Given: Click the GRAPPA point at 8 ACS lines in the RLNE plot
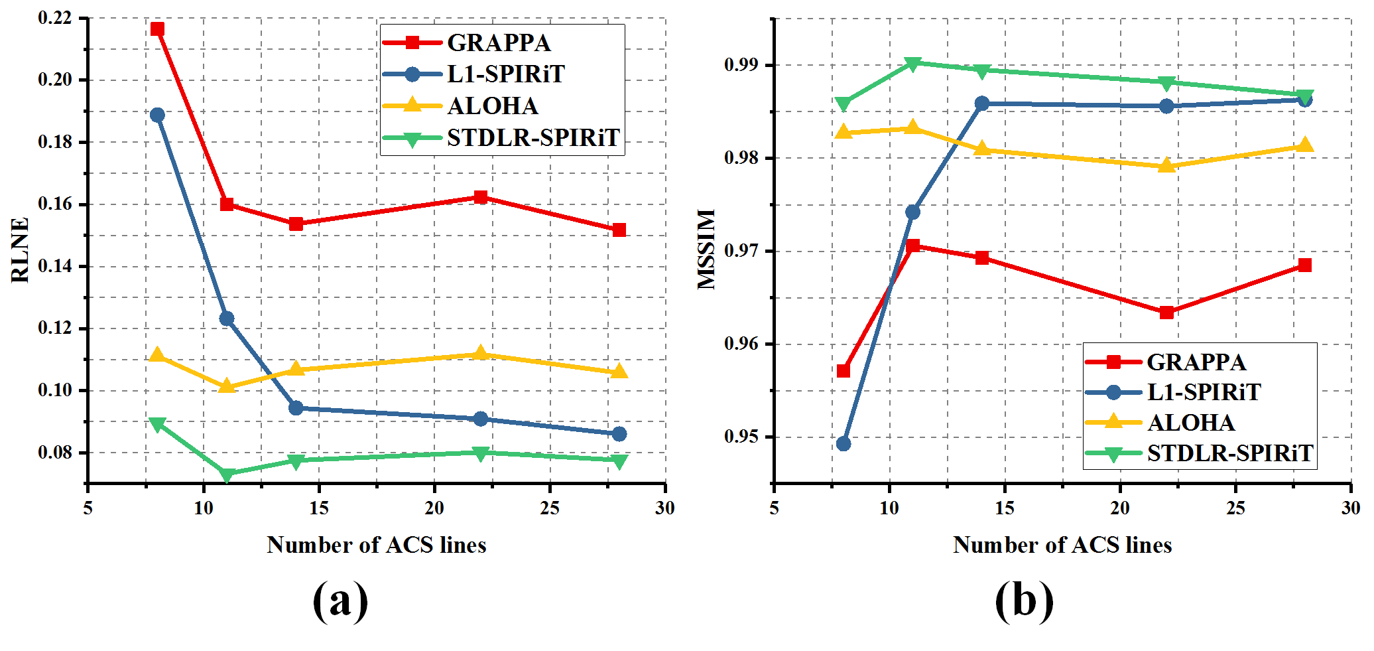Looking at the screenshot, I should [x=157, y=29].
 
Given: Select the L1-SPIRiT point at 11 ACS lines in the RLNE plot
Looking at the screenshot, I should [x=227, y=319].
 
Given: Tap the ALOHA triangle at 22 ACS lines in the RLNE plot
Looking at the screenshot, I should [x=481, y=353].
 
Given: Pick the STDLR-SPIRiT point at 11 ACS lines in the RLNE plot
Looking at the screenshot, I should [x=227, y=474].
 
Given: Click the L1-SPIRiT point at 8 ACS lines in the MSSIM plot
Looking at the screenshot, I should [x=843, y=443].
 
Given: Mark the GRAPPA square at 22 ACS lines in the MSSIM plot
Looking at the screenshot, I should [x=1166, y=312].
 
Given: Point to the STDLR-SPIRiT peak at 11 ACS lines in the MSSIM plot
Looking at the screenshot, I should [x=912, y=63].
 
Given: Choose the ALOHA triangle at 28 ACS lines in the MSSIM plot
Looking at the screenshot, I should [x=1304, y=145].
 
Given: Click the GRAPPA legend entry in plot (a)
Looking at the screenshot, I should [x=499, y=42].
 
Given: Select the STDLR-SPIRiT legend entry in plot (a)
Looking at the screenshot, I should [x=533, y=138].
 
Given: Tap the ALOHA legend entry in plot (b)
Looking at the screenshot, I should [x=1191, y=423].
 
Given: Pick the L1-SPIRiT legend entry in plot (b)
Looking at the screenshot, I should [x=1204, y=392].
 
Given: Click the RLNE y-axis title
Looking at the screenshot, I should [x=21, y=250].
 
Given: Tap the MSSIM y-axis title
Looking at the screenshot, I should [x=707, y=250].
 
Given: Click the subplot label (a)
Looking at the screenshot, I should [x=340, y=600].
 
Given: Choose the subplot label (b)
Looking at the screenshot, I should [x=1024, y=600].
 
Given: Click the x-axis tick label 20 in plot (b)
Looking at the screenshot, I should [x=1120, y=508].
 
